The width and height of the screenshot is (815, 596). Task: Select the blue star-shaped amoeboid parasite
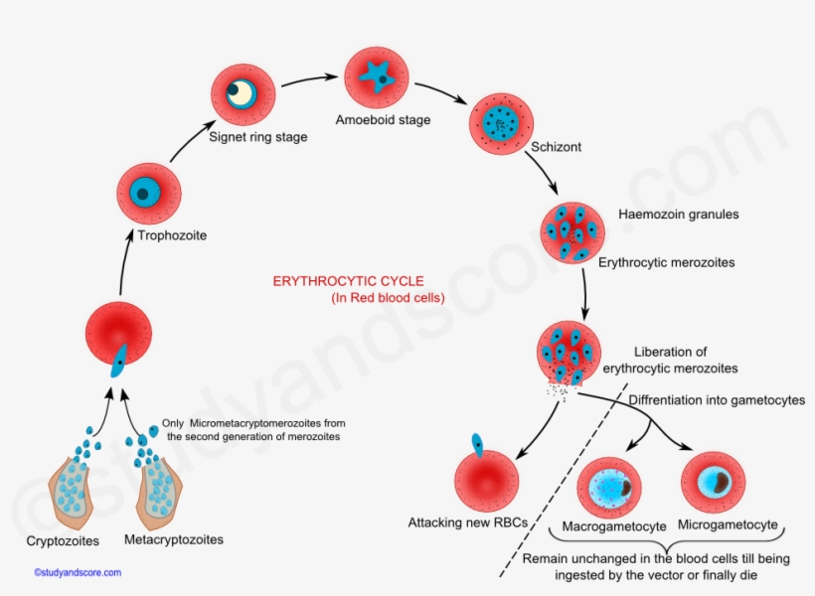click(376, 76)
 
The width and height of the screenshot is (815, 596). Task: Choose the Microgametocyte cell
click(713, 482)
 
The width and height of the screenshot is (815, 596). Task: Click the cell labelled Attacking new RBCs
click(487, 481)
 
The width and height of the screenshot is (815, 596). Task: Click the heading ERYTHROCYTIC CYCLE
click(349, 281)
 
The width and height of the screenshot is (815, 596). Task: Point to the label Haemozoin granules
click(678, 214)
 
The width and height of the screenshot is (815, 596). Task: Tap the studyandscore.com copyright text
click(78, 573)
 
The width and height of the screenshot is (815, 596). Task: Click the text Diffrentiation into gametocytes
click(717, 400)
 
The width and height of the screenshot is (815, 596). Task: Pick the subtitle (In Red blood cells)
click(388, 298)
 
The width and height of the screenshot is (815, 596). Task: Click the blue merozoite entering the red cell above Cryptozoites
click(118, 361)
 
